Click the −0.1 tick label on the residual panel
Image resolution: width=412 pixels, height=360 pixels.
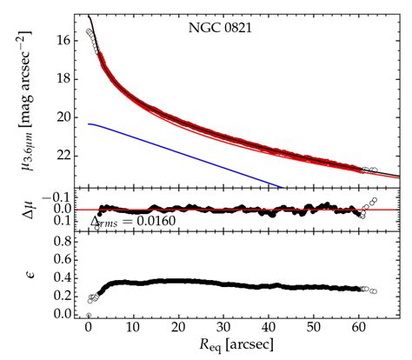click(61, 197)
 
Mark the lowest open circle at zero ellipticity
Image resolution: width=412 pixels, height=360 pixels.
click(89, 315)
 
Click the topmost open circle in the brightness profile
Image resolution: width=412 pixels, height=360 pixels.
click(89, 31)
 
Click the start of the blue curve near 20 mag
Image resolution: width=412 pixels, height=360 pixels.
click(89, 124)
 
